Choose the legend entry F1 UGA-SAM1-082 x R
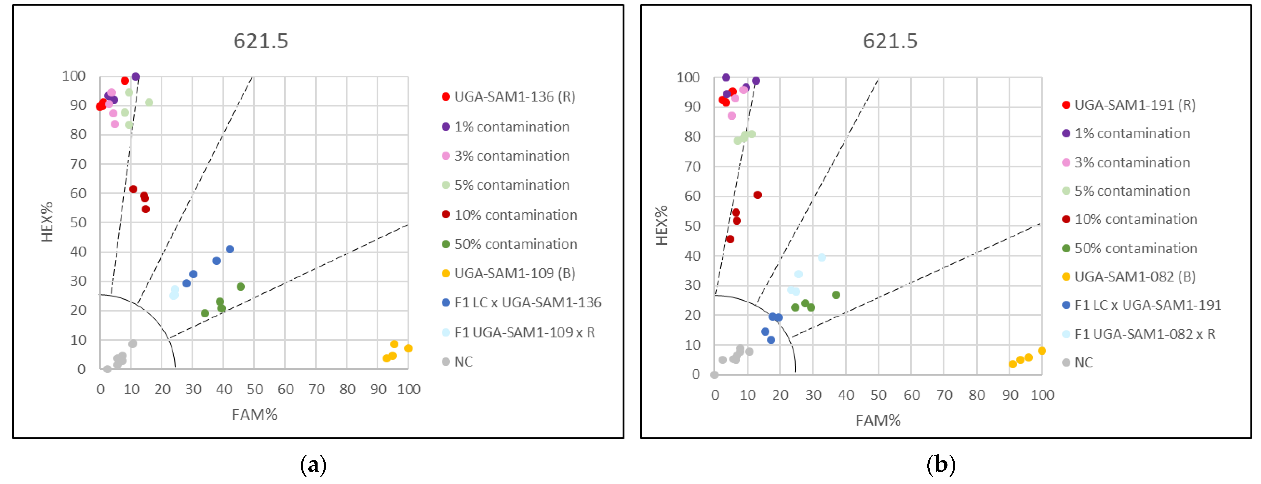coord(1144,334)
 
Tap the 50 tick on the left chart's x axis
coord(255,390)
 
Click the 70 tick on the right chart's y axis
coord(692,167)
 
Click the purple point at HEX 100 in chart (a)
coord(136,77)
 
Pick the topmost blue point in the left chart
coord(229,249)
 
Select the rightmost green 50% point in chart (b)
coord(835,295)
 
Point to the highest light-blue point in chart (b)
coord(821,258)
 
